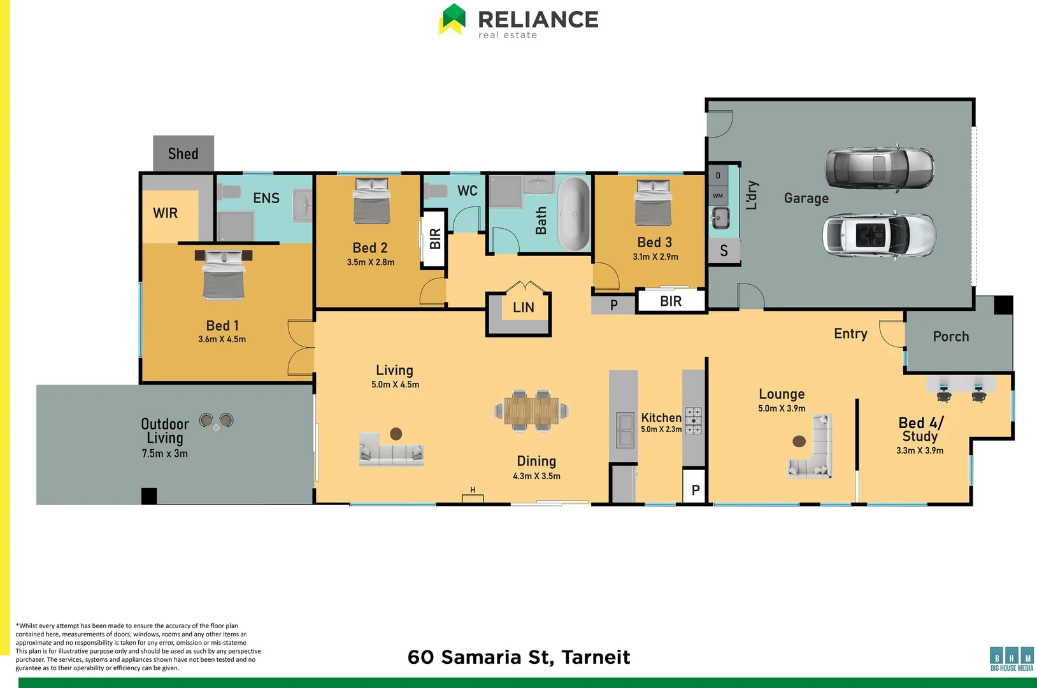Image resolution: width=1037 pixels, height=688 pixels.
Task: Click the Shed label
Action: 183,154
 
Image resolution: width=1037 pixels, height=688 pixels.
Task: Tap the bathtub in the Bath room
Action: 574,214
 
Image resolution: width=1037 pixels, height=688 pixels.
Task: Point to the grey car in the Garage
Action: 880,168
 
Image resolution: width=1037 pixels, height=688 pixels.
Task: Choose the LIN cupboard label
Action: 524,307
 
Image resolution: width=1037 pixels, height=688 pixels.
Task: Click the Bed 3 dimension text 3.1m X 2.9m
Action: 655,257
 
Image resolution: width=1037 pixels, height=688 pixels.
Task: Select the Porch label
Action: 950,336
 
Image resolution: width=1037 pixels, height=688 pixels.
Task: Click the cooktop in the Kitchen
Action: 693,421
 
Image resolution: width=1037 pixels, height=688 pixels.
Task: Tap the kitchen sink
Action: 626,430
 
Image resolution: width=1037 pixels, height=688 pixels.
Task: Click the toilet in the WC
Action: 437,190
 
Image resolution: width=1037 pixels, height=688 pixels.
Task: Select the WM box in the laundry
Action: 718,196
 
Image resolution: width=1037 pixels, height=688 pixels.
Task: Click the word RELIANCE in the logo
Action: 538,19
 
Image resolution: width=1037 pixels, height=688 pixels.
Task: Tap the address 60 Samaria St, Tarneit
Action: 518,657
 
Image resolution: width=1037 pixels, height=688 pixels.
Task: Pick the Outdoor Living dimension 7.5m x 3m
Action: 164,454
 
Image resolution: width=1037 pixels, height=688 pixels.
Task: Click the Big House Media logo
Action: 1012,659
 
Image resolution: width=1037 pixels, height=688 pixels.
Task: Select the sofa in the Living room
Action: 391,452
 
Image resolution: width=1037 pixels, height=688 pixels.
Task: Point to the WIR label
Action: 165,213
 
